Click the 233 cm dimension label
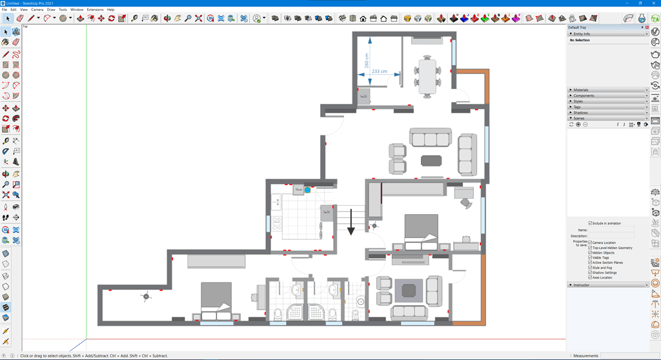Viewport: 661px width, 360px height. (380, 72)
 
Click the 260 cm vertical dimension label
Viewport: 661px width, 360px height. (367, 61)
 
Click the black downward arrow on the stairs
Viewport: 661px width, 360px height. (351, 223)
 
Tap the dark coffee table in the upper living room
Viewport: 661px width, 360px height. (432, 160)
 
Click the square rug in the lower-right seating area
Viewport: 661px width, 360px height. (409, 290)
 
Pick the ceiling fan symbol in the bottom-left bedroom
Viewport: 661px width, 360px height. (146, 297)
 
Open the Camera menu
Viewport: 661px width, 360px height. (37, 10)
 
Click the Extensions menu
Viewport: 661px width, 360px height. (95, 10)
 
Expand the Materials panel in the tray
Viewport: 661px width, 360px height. (581, 90)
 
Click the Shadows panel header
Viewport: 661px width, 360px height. (581, 113)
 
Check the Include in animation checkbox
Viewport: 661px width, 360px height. (590, 223)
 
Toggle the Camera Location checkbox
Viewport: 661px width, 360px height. (590, 243)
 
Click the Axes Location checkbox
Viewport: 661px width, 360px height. (590, 277)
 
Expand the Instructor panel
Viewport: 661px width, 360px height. (582, 285)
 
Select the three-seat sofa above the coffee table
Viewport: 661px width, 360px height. (431, 137)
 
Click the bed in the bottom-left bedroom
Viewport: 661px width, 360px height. (216, 301)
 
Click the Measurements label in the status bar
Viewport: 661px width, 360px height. (585, 355)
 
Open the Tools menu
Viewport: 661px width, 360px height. (63, 10)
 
